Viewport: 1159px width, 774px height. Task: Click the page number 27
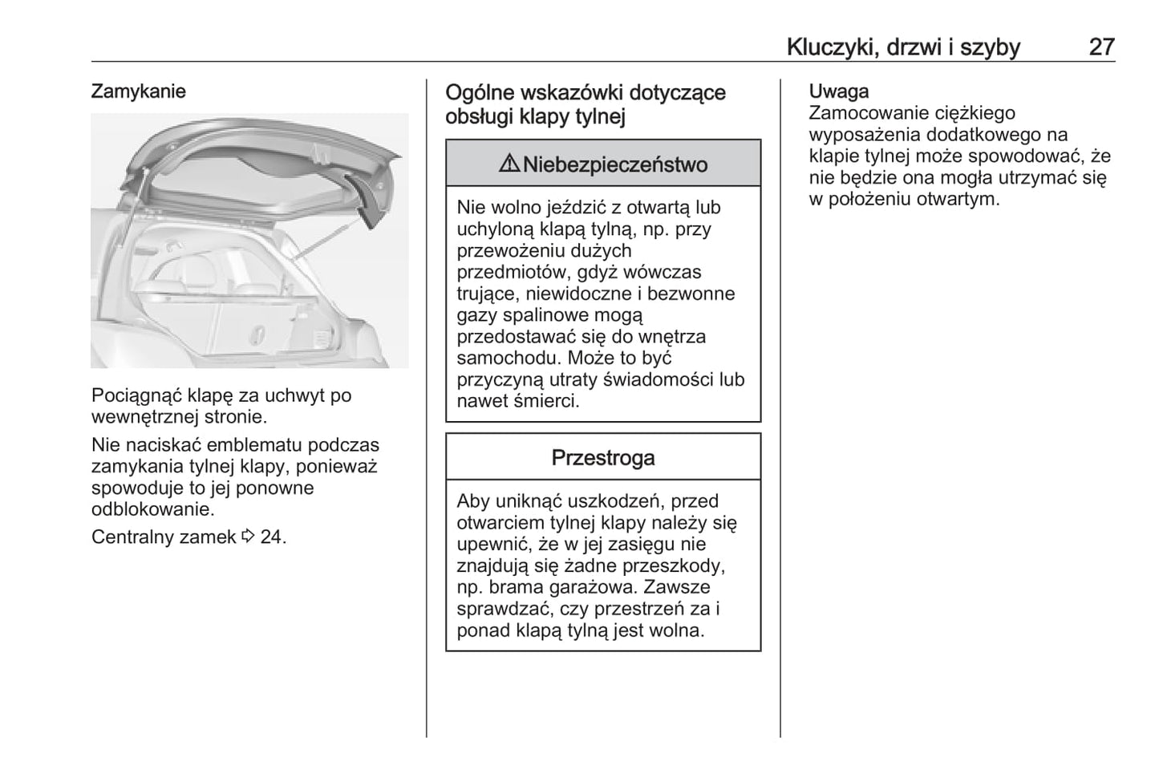(x=1101, y=47)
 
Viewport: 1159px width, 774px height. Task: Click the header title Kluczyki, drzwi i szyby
(x=903, y=47)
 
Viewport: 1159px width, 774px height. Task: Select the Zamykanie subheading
(x=138, y=91)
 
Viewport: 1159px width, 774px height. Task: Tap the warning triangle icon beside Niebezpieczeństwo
(x=509, y=164)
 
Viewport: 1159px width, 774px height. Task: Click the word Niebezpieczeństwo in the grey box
(x=615, y=165)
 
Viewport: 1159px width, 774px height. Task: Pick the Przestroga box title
(x=602, y=458)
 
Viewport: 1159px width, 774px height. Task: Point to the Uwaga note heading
(x=838, y=91)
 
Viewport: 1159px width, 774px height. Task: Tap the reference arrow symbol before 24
(x=248, y=537)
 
